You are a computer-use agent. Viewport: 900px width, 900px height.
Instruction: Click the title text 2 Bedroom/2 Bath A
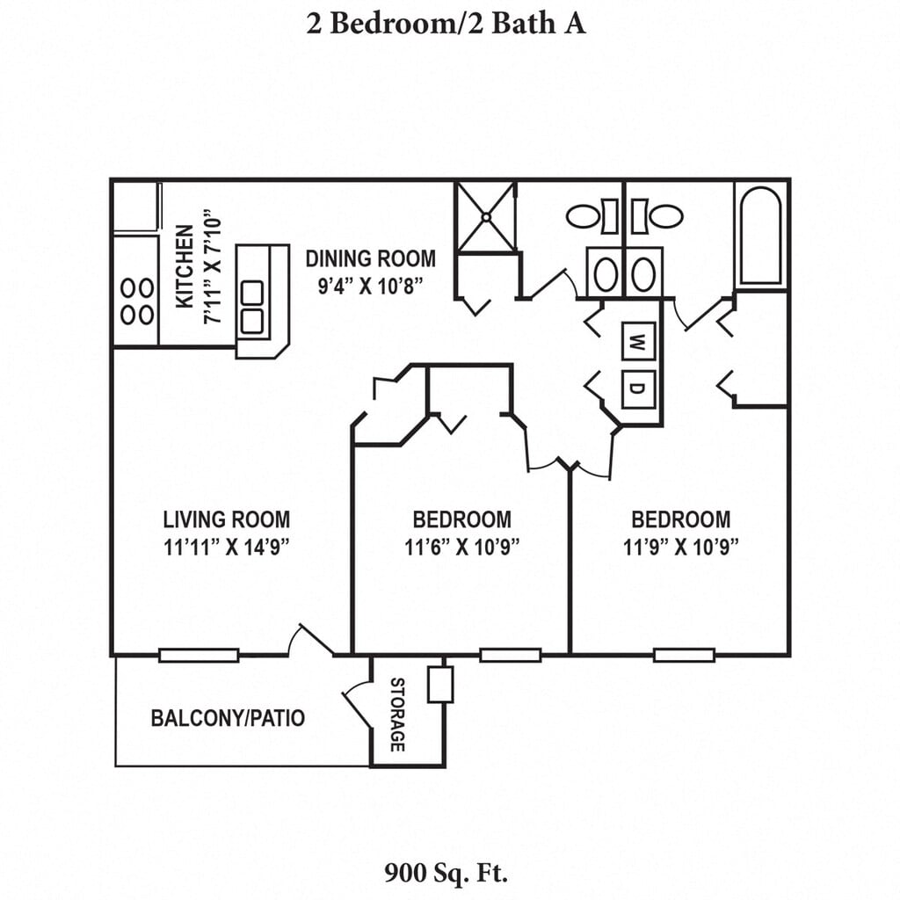point(446,23)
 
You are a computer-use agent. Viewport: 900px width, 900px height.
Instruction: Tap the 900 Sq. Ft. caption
point(446,873)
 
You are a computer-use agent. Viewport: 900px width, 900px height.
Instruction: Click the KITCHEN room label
point(185,267)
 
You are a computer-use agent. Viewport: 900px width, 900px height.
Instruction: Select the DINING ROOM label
point(370,258)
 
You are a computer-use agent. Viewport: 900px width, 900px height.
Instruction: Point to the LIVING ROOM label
point(227,519)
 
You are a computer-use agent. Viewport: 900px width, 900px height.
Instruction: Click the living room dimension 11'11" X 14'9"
point(227,547)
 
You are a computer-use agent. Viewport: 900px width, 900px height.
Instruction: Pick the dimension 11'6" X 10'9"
point(462,547)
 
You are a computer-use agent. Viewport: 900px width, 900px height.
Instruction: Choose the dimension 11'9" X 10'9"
point(680,547)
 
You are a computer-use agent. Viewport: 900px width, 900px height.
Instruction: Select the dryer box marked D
point(639,388)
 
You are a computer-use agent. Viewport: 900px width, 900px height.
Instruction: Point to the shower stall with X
point(485,217)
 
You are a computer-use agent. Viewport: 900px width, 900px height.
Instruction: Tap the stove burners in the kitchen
point(136,301)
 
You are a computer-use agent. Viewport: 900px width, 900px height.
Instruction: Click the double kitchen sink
point(252,307)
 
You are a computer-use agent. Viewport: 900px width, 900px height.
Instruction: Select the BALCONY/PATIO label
point(229,718)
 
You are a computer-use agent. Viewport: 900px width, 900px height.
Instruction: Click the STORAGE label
point(397,714)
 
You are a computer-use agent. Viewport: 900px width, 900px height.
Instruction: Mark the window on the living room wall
point(199,655)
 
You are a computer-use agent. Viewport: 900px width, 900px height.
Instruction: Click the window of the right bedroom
point(683,655)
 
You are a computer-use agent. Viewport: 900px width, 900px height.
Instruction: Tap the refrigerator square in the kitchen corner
point(134,207)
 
